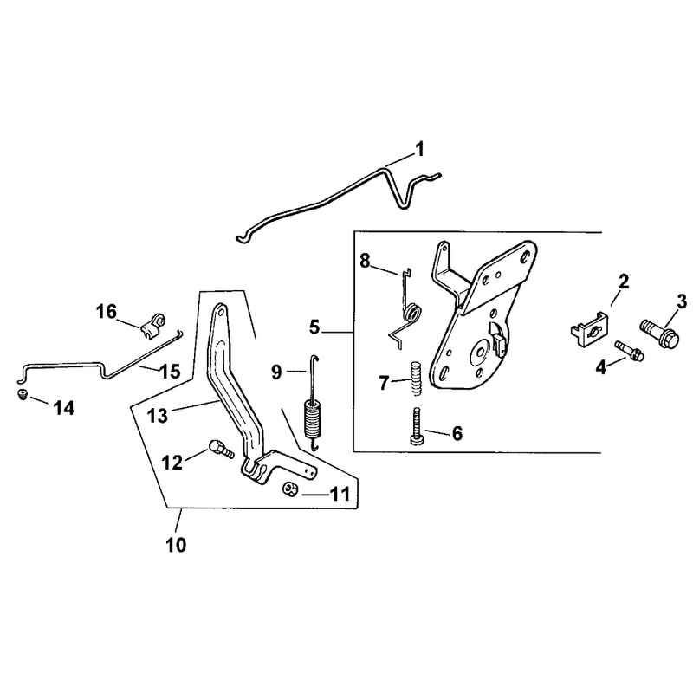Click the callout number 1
click(x=420, y=149)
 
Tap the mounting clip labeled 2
click(x=587, y=328)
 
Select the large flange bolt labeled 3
click(x=659, y=334)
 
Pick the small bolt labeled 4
click(x=630, y=351)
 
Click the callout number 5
click(x=314, y=327)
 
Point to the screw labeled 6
click(x=417, y=426)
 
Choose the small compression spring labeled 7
click(x=417, y=379)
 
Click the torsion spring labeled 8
click(x=405, y=308)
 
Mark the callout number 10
click(x=176, y=545)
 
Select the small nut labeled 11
click(x=290, y=489)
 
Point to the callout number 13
click(x=158, y=416)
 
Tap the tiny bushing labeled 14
click(x=23, y=394)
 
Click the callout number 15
click(x=171, y=372)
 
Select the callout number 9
click(x=276, y=372)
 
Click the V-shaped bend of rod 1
click(x=403, y=204)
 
